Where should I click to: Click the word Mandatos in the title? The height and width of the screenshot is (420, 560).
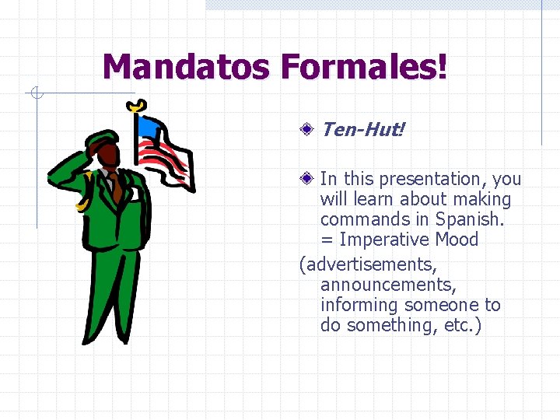(x=187, y=67)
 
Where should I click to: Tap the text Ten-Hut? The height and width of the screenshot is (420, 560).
(x=362, y=129)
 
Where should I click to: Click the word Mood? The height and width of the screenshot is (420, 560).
(x=457, y=240)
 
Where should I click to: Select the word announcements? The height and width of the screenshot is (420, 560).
(x=388, y=285)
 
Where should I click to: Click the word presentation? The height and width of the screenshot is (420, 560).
(x=433, y=179)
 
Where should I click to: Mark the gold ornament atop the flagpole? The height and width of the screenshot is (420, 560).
(x=138, y=105)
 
